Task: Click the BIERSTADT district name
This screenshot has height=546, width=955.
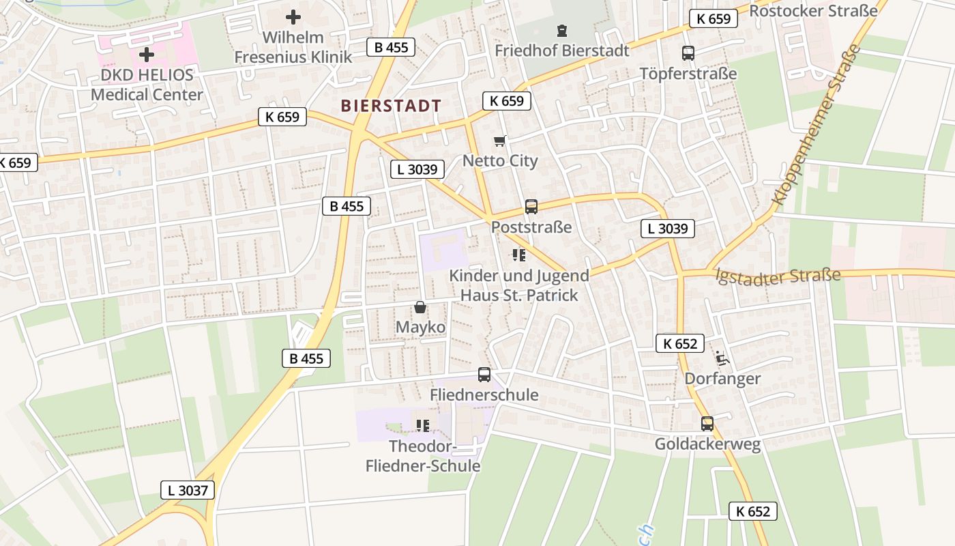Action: (x=391, y=106)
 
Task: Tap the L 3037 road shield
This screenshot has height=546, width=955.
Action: (x=188, y=489)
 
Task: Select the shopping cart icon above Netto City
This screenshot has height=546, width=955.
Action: (x=500, y=141)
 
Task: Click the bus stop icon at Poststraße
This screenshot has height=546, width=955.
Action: (x=531, y=207)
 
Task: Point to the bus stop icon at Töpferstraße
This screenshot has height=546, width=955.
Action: (x=688, y=53)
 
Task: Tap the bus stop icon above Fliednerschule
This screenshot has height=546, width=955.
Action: (x=484, y=375)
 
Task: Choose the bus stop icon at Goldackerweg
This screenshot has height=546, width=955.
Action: (x=707, y=424)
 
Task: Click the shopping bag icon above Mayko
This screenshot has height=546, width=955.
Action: (x=420, y=308)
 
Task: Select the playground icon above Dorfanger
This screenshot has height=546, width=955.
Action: (x=722, y=358)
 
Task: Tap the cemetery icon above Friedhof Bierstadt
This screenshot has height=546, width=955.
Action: (x=561, y=31)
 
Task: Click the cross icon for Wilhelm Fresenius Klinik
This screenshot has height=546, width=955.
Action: (x=293, y=17)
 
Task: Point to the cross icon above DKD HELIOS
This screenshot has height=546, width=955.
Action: (x=146, y=55)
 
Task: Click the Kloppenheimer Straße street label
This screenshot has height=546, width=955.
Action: (x=816, y=125)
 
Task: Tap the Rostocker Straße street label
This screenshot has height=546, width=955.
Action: (x=813, y=10)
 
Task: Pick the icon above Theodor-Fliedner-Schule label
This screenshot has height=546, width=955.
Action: (x=423, y=426)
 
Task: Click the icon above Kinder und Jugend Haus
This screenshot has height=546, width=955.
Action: (x=519, y=255)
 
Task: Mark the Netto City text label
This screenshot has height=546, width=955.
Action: (x=500, y=161)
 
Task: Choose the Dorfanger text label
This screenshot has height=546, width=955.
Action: (x=722, y=378)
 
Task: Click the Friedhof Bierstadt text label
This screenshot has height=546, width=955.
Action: (x=561, y=51)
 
